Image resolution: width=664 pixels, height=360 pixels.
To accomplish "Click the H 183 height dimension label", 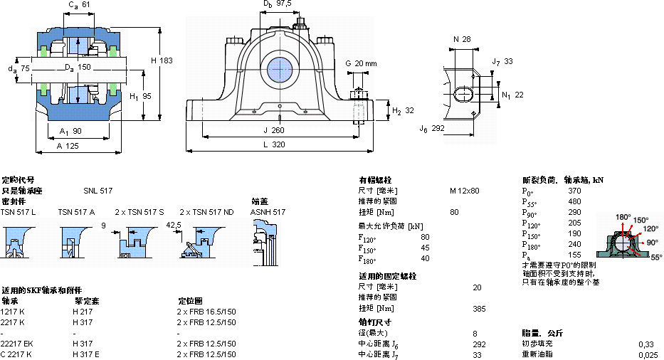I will pyautogui.click(x=162, y=61).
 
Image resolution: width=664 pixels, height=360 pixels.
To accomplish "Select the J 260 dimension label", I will pyautogui.click(x=273, y=130).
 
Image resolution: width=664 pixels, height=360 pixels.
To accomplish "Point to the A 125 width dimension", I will pyautogui.click(x=68, y=144).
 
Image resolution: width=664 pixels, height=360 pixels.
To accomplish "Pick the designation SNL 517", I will pyautogui.click(x=98, y=191).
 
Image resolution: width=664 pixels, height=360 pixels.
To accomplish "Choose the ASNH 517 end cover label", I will pyautogui.click(x=268, y=212).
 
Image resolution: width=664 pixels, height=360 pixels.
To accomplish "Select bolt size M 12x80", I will pyautogui.click(x=464, y=191).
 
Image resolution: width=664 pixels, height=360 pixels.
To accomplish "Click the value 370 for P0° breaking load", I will pyautogui.click(x=574, y=191).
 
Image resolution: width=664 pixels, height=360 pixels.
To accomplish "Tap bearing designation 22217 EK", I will pyautogui.click(x=17, y=344).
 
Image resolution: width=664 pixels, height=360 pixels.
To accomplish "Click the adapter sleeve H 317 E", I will pyautogui.click(x=86, y=354).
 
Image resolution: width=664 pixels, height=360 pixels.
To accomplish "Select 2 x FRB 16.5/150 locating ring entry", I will pyautogui.click(x=206, y=312).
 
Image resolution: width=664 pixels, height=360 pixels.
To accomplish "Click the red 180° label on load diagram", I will pyautogui.click(x=623, y=217).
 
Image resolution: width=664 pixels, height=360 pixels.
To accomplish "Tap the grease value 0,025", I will pyautogui.click(x=647, y=354).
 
